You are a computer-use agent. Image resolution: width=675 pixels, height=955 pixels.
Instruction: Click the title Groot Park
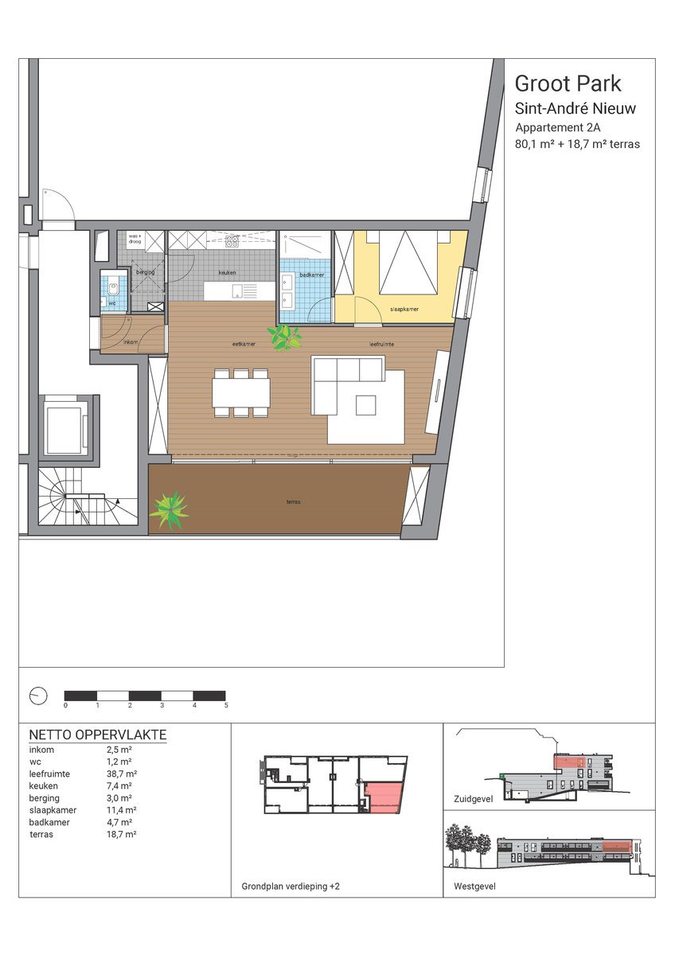568,84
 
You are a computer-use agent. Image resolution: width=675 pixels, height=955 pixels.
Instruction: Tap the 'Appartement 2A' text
558,127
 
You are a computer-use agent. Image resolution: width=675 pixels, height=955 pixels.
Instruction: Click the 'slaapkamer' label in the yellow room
404,309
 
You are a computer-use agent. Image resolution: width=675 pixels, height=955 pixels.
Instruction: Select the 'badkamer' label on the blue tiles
312,275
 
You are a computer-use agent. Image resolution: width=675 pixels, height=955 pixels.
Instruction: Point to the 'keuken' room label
228,272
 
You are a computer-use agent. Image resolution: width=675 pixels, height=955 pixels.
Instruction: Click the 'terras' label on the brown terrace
294,502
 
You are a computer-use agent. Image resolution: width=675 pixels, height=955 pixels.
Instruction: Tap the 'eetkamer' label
244,344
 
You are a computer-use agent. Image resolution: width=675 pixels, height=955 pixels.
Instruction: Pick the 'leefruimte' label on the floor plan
381,344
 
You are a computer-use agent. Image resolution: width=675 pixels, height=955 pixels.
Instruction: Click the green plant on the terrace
170,510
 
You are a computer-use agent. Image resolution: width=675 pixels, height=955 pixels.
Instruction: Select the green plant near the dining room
284,337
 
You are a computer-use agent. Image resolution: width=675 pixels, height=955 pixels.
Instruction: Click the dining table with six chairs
241,393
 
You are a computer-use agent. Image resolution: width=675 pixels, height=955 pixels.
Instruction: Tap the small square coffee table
366,405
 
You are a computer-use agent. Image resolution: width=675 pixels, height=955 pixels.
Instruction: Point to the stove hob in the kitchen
232,242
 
